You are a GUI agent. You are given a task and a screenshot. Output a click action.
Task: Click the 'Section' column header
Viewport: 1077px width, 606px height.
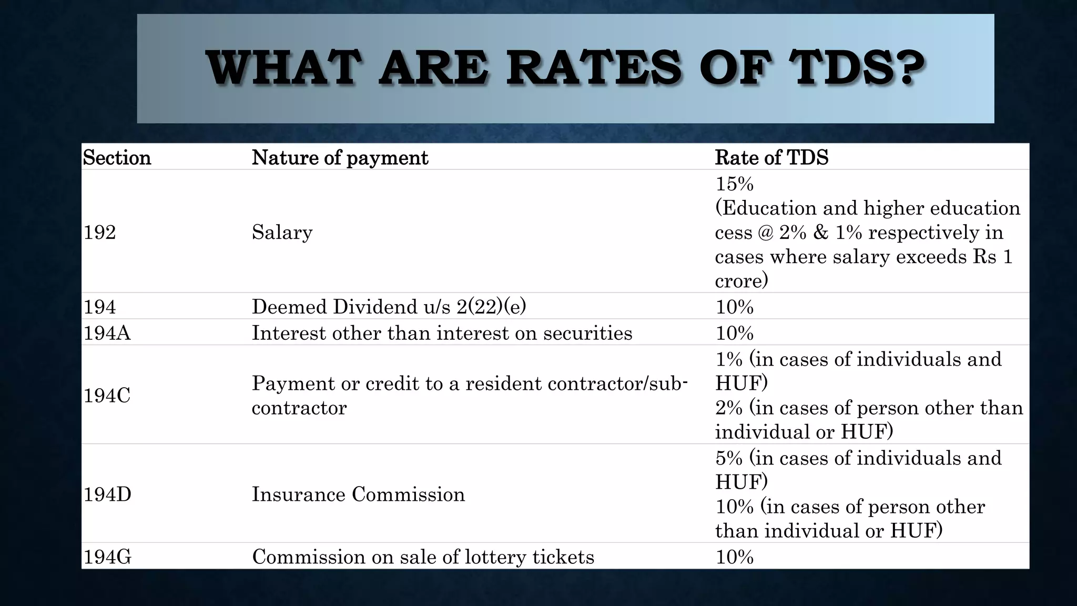tap(117, 158)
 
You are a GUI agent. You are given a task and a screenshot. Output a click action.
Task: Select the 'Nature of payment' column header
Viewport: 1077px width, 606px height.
tap(340, 158)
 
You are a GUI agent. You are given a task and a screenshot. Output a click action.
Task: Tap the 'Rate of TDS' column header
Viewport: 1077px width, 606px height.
tap(771, 158)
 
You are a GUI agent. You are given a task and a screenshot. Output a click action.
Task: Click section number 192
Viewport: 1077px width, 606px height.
tap(99, 232)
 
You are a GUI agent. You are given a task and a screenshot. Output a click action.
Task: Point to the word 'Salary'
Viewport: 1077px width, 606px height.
tap(282, 232)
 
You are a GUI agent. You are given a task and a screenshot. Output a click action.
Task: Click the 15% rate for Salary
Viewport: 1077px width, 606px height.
tap(734, 184)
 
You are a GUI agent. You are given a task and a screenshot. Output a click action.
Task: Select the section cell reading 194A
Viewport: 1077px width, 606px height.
tap(107, 333)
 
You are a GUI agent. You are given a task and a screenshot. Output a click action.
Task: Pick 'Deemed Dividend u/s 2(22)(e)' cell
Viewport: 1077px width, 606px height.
tap(389, 307)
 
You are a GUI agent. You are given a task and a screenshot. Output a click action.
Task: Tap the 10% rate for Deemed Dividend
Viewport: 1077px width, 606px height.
tap(734, 307)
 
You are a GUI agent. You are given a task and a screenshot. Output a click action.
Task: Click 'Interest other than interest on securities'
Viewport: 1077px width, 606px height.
tap(442, 333)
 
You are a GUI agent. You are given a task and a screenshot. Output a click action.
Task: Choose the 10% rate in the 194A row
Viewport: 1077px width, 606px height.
tap(734, 333)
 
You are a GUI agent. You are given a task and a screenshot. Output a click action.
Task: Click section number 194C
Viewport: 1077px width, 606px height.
tap(107, 395)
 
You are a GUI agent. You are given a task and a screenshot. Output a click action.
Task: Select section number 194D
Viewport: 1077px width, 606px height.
tap(107, 494)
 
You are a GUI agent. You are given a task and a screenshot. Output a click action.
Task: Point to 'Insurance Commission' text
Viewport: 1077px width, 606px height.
tap(358, 494)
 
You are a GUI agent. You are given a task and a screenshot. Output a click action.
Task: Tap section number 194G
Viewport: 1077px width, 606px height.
tap(107, 557)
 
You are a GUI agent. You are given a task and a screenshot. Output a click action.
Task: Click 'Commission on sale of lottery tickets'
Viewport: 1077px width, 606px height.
tap(423, 557)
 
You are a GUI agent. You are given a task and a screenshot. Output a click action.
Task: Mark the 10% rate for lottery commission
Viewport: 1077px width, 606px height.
tap(734, 557)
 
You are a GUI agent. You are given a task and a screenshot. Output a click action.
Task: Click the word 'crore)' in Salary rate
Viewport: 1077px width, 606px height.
tap(741, 280)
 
